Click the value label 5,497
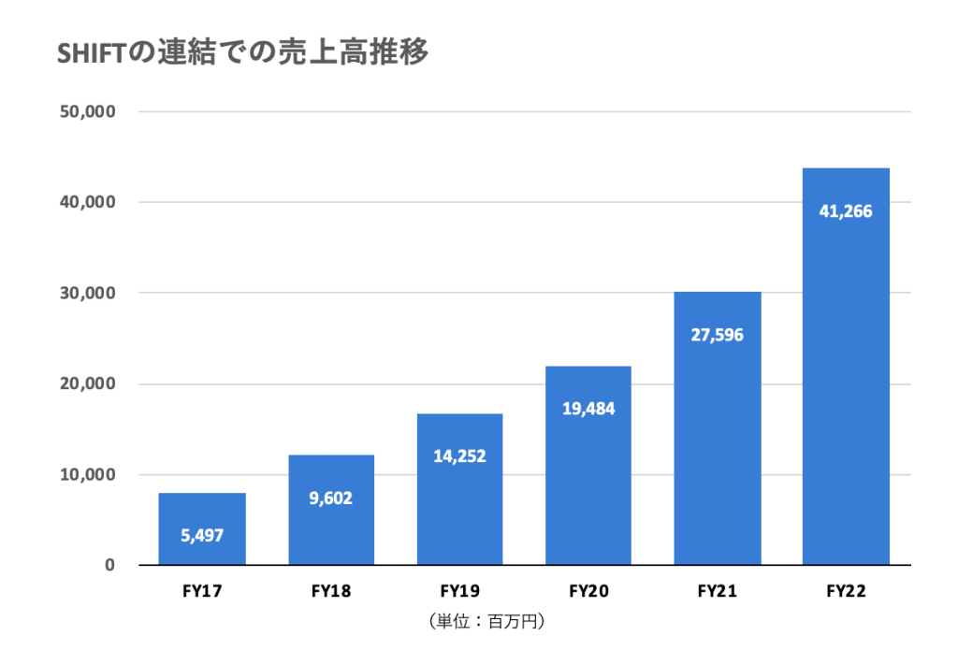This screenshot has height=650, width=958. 202,536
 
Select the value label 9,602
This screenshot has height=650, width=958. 331,498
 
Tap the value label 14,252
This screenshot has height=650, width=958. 460,456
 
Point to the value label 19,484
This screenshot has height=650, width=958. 589,409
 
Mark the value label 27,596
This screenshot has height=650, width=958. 718,335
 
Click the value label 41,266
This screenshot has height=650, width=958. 846,211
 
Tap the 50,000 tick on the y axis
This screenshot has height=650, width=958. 87,112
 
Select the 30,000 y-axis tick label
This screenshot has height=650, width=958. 87,294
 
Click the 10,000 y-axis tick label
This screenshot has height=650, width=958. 87,475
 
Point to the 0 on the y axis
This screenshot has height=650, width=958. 109,565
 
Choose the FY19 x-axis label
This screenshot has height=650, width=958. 460,592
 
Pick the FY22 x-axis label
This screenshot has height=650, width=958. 846,592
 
